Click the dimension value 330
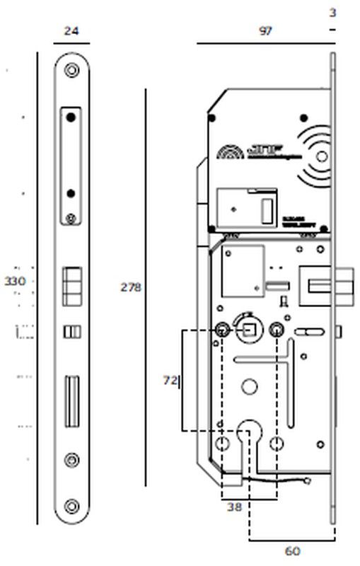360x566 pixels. click(x=15, y=281)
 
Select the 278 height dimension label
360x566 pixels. click(x=130, y=287)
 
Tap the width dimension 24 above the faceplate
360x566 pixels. click(x=71, y=31)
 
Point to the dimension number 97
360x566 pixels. click(x=265, y=31)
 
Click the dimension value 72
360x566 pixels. click(x=170, y=381)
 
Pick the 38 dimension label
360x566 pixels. click(x=234, y=507)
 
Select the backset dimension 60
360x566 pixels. click(x=291, y=551)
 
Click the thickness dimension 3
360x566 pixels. click(x=332, y=13)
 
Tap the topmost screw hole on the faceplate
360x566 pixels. click(x=71, y=71)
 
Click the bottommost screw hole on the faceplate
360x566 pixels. click(x=71, y=505)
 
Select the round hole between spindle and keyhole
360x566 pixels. click(x=248, y=387)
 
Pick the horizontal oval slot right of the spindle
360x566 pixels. click(x=308, y=330)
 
